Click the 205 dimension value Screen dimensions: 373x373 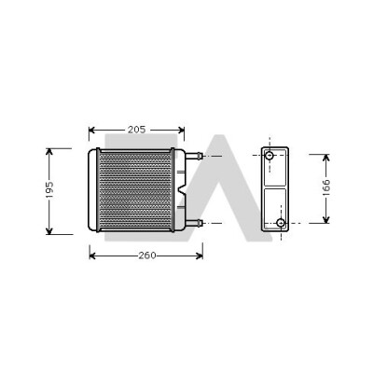[x=137, y=130]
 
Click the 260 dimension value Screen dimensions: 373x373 [x=147, y=256]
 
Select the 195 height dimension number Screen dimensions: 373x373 [x=49, y=190]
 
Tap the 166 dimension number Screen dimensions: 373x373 [x=325, y=187]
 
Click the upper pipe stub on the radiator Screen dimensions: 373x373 [x=194, y=156]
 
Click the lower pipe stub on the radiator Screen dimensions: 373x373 [x=194, y=223]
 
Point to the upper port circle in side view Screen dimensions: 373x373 [x=269, y=155]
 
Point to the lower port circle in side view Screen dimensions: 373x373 [x=281, y=223]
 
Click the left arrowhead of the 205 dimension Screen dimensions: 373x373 [x=92, y=130]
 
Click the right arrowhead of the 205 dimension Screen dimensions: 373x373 [x=181, y=130]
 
